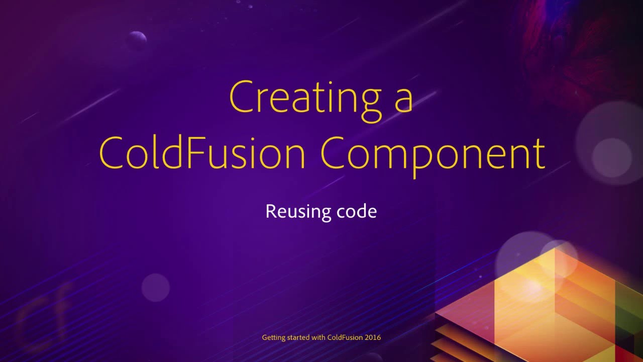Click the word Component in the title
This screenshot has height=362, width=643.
[433, 153]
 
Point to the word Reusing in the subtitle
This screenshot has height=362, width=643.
[292, 212]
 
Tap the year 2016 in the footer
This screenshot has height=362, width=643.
[373, 337]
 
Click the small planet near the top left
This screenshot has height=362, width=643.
[136, 39]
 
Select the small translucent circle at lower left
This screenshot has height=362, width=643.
[156, 288]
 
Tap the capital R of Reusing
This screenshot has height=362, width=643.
[270, 211]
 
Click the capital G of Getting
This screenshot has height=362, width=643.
[265, 337]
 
